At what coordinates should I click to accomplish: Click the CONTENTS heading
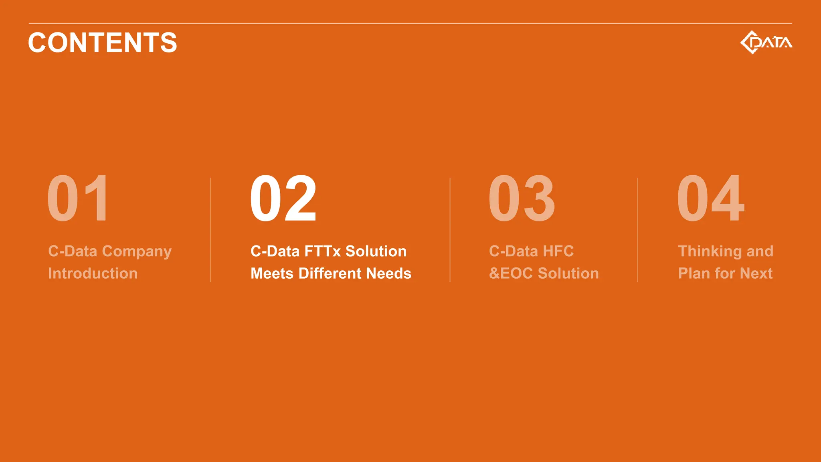tap(103, 43)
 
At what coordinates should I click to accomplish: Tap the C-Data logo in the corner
tap(766, 42)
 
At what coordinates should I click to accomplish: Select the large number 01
tap(78, 199)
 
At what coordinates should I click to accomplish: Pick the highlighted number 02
tap(283, 199)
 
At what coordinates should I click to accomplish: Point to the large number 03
tap(522, 199)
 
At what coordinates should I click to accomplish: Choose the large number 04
tap(711, 199)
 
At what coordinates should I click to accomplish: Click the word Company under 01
tap(137, 252)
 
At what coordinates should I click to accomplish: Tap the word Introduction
tap(93, 274)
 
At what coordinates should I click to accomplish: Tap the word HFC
tap(558, 251)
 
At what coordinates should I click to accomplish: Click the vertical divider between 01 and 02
tap(210, 230)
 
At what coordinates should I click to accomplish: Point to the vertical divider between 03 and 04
tap(638, 230)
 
